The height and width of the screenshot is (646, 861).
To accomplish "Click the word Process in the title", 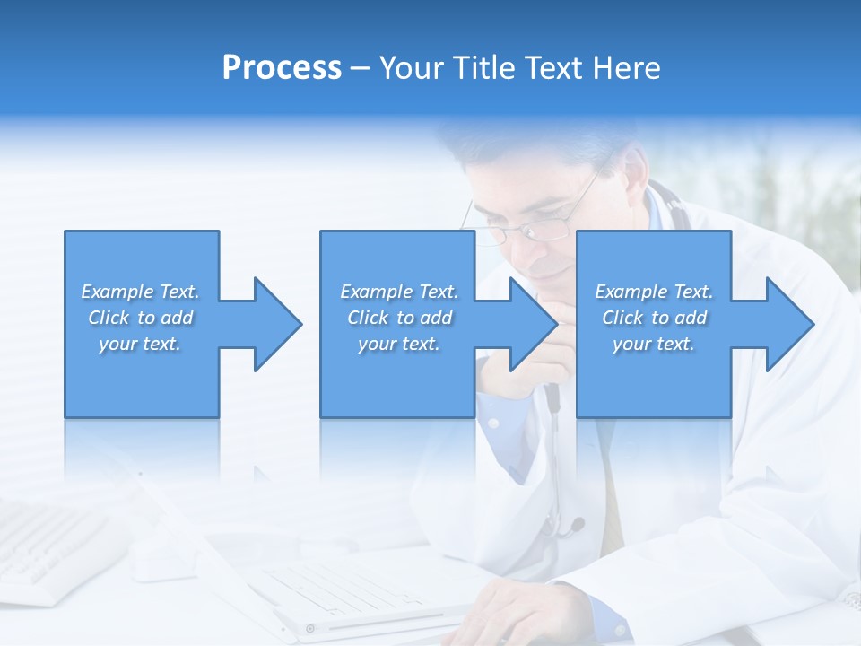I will click(282, 68).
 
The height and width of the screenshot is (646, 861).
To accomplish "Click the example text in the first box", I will click(140, 318).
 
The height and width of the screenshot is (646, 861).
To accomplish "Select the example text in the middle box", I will click(399, 318).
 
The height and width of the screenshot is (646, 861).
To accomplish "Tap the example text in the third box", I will click(654, 318).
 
